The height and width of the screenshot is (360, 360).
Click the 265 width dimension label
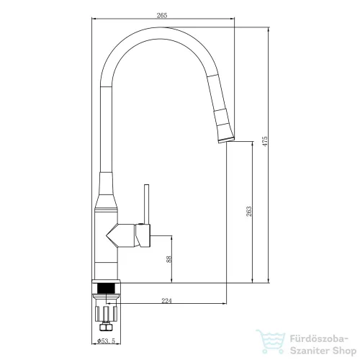pyautogui.click(x=162, y=15)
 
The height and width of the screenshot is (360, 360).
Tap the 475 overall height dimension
pyautogui.click(x=264, y=142)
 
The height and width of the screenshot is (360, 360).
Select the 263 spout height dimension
pyautogui.click(x=249, y=212)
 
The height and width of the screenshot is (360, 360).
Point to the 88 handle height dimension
pyautogui.click(x=169, y=259)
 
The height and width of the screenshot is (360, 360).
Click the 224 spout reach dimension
pyautogui.click(x=166, y=301)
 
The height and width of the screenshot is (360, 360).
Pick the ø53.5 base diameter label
pyautogui.click(x=107, y=341)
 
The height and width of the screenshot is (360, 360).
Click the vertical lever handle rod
pyautogui.click(x=146, y=204)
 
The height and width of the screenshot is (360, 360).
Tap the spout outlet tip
pyautogui.click(x=227, y=140)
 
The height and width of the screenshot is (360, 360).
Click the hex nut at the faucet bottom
pyautogui.click(x=106, y=327)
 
